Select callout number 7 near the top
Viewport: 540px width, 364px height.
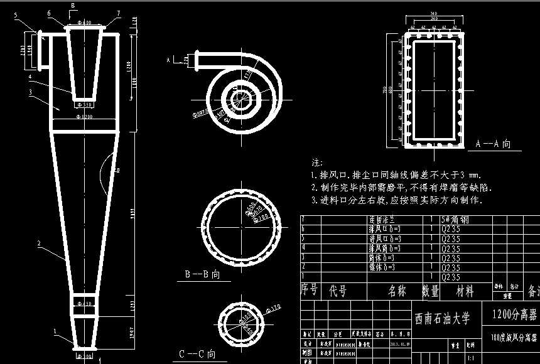pyautogui.click(x=118, y=12)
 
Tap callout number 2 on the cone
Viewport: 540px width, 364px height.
pyautogui.click(x=39, y=243)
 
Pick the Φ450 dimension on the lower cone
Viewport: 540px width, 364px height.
pyautogui.click(x=84, y=304)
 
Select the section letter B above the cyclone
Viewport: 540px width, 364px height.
pyautogui.click(x=72, y=6)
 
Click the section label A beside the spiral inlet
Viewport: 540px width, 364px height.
pyautogui.click(x=168, y=60)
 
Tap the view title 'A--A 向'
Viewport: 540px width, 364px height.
pyautogui.click(x=492, y=144)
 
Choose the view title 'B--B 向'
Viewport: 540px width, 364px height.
pyautogui.click(x=202, y=274)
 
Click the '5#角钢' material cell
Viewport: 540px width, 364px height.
pyautogui.click(x=455, y=220)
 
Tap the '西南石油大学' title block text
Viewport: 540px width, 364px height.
pyautogui.click(x=443, y=318)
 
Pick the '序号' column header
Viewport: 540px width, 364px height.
pyautogui.click(x=310, y=291)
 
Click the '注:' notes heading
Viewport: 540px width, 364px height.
pyautogui.click(x=317, y=163)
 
